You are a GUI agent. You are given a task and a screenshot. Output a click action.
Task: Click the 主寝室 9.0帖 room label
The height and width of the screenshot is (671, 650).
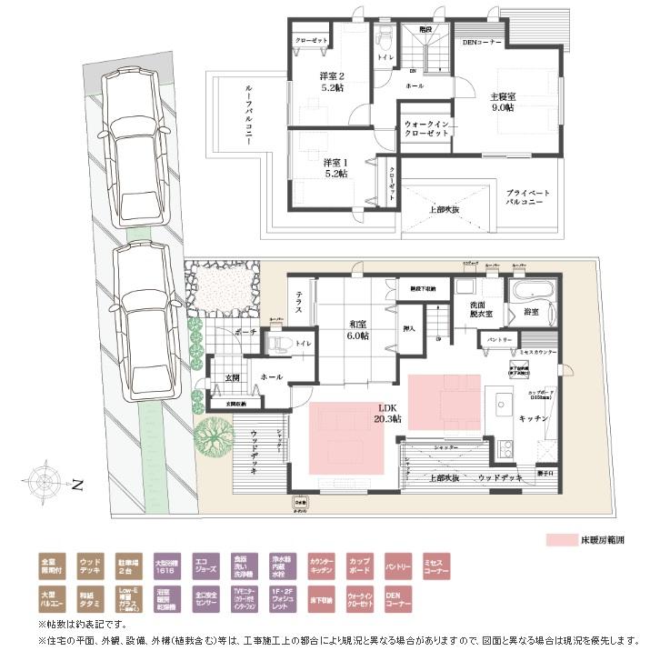(x=503, y=102)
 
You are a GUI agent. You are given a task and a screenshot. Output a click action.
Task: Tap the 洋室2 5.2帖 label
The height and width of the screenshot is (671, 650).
(x=330, y=82)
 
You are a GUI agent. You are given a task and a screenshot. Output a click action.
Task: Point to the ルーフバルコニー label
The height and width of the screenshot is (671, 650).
(x=247, y=112)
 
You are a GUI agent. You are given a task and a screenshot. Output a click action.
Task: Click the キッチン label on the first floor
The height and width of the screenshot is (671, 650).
(x=532, y=419)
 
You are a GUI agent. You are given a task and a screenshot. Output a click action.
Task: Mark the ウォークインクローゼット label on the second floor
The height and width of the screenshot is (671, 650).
(x=426, y=128)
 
